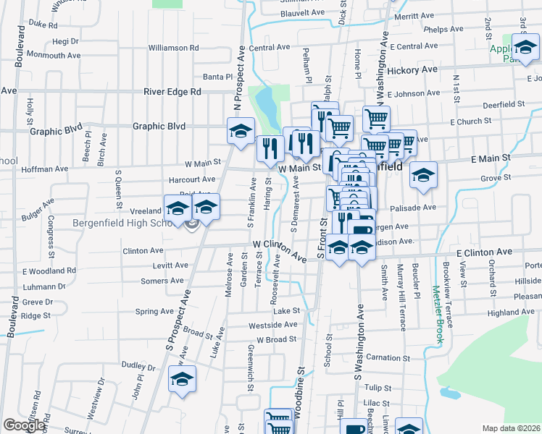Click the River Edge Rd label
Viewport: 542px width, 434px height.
[x=172, y=92]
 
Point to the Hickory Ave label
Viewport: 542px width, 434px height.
[x=412, y=70]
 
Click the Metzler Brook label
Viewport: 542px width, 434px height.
[x=437, y=314]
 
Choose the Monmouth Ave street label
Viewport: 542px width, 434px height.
[x=53, y=55]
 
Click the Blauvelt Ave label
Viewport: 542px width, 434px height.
[x=296, y=12]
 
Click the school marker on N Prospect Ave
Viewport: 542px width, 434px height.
[x=241, y=131]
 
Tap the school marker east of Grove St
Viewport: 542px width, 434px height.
[x=423, y=174]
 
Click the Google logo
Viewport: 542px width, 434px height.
[x=24, y=425]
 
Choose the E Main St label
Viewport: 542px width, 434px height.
[x=491, y=157]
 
